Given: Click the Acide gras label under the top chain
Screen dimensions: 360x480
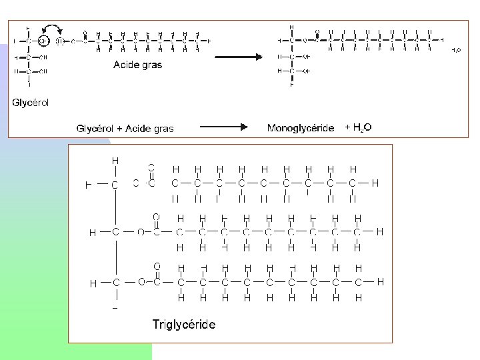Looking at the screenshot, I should [137, 65].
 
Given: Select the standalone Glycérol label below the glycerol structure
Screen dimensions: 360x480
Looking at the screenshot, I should [30, 103].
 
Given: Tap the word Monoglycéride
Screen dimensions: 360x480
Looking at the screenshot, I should [300, 128].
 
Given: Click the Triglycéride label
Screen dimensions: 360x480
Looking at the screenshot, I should [183, 325].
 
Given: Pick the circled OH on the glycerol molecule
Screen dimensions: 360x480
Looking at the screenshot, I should [43, 40].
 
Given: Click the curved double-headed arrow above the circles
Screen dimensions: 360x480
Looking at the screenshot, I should [51, 28].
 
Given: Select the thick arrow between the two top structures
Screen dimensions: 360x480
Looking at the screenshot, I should [239, 57].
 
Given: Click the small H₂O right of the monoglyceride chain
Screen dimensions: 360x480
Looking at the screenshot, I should [456, 50].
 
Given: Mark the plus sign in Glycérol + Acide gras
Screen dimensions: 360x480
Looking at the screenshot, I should [111, 128].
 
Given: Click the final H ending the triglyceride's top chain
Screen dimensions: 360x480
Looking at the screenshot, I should [375, 183].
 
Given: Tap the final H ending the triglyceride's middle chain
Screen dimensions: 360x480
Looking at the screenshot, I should [379, 232].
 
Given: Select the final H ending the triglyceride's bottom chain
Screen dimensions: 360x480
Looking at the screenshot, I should [380, 282].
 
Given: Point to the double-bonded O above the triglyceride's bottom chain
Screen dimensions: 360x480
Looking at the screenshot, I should [157, 266].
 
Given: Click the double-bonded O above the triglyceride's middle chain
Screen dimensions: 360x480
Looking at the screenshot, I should [156, 217].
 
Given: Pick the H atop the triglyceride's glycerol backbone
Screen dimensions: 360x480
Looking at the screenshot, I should [115, 161].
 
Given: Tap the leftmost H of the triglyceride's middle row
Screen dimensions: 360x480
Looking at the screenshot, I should [93, 232].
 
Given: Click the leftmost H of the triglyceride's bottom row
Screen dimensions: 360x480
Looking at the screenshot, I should [93, 283].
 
